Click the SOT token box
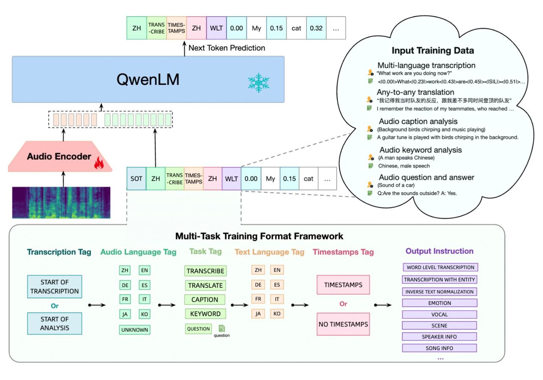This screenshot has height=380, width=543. pyautogui.click(x=136, y=179)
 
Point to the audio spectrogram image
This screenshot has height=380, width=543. pyautogui.click(x=61, y=202)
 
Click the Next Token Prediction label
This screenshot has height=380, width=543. pyautogui.click(x=227, y=48)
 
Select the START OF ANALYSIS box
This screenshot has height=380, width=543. pyautogui.click(x=54, y=323)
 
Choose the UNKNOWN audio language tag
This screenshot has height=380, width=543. pyautogui.click(x=134, y=329)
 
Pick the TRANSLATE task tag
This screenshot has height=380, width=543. pyautogui.click(x=205, y=285)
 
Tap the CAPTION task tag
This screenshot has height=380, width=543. pyautogui.click(x=205, y=299)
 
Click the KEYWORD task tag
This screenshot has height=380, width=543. pyautogui.click(x=205, y=314)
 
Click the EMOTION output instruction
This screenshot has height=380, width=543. pyautogui.click(x=439, y=303)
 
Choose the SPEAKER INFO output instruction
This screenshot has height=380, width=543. pyautogui.click(x=439, y=337)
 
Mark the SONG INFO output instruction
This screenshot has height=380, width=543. pyautogui.click(x=439, y=348)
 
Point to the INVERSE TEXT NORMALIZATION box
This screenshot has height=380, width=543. pyautogui.click(x=439, y=292)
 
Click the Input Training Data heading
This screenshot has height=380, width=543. pyautogui.click(x=433, y=51)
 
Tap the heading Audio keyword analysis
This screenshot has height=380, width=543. pyautogui.click(x=420, y=150)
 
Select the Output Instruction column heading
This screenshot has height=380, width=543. pyautogui.click(x=439, y=251)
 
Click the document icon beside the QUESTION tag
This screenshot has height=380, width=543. pyautogui.click(x=221, y=329)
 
